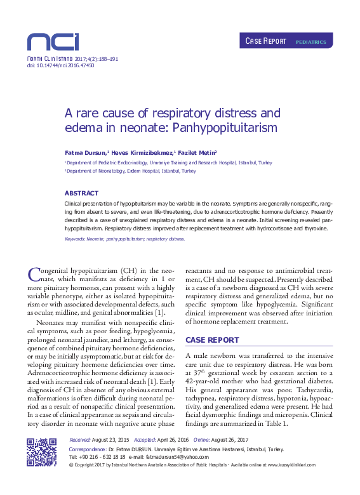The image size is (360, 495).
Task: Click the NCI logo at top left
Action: click(53, 42)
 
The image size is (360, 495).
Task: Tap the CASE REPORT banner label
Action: click(266, 42)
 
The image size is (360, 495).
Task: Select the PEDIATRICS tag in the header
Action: click(311, 43)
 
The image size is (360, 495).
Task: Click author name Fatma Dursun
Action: click(85, 153)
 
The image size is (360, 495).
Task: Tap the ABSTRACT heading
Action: click(81, 193)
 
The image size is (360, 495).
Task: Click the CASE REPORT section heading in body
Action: click(212, 340)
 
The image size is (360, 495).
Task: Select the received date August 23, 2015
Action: click(110, 440)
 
